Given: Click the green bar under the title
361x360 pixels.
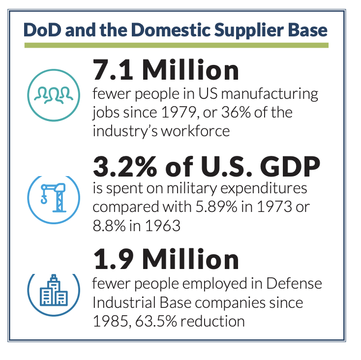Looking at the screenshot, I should click(176, 45).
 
